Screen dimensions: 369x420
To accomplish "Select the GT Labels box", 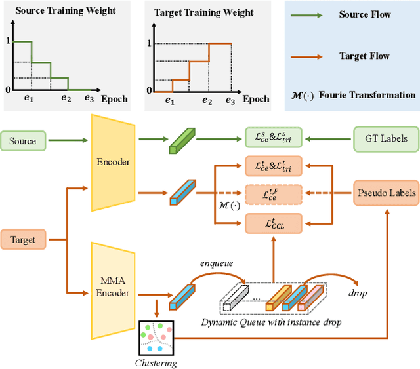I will [385, 138].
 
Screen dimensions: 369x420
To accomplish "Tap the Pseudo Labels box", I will [386, 193].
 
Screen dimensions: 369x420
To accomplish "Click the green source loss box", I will [274, 138].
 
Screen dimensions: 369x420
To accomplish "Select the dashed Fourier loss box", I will [274, 194].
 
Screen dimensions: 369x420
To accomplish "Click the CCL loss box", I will [274, 223].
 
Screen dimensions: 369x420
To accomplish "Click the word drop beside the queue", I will [358, 293].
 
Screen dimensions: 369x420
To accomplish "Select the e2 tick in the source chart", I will [66, 99].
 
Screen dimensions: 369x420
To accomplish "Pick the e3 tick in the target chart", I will [230, 100].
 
